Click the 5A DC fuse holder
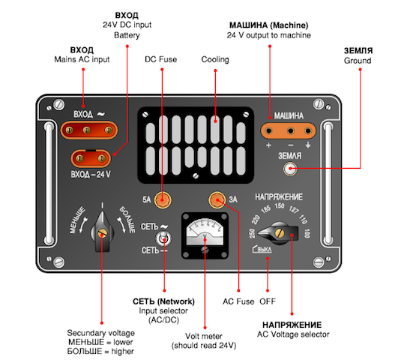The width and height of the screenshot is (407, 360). click(163, 199)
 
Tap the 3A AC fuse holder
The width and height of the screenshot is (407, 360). click(217, 199)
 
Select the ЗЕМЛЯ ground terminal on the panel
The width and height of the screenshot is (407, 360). click(289, 169)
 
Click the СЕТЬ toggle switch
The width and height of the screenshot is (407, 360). click(163, 238)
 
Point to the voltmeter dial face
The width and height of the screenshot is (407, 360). click(205, 232)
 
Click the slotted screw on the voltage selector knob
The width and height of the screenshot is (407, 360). click(280, 233)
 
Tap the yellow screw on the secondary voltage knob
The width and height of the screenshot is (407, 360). click(102, 234)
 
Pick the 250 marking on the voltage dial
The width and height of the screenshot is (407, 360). click(252, 233)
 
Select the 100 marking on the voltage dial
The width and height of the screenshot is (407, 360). click(307, 233)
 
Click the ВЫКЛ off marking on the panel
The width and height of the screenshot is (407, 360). click(262, 249)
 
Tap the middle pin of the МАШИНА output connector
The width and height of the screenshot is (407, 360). click(291, 130)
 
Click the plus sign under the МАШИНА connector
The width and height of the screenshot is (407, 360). click(268, 145)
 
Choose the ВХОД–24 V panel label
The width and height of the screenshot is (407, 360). click(91, 175)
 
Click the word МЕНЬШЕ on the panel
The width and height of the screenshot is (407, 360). click(77, 220)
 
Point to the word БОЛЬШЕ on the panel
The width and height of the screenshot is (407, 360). click(127, 220)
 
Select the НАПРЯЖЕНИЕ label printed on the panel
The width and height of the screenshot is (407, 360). click(279, 197)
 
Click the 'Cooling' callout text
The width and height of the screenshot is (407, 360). click(215, 59)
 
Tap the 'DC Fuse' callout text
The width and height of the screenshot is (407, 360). click(161, 59)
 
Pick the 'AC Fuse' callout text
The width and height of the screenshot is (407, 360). click(238, 301)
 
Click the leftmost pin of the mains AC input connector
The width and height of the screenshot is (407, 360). click(69, 130)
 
